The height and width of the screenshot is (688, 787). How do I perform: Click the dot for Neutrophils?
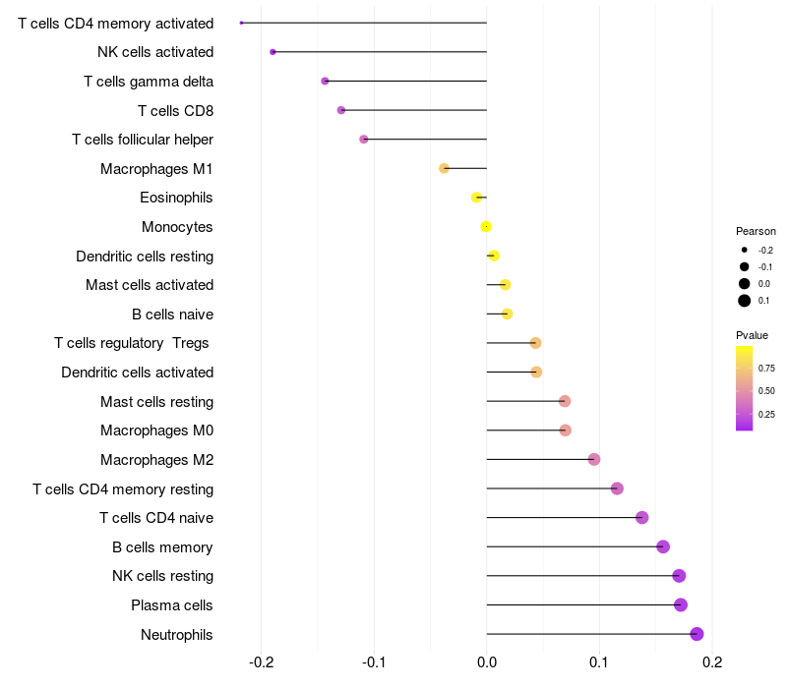click(696, 634)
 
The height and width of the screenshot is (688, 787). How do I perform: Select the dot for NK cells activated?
click(272, 51)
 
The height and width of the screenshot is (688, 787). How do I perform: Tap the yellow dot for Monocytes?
click(486, 227)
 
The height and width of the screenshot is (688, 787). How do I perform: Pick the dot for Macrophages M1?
click(444, 168)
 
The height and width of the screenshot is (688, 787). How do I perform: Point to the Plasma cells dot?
click(681, 604)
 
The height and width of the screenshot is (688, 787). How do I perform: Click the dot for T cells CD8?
click(341, 110)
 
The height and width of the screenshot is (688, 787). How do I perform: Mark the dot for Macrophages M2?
click(594, 459)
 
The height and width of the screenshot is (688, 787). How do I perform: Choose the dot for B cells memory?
click(663, 546)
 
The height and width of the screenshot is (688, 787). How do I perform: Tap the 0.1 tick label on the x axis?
click(599, 661)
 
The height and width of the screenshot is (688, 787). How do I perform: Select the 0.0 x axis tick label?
click(487, 661)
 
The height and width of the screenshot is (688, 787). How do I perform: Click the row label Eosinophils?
click(176, 198)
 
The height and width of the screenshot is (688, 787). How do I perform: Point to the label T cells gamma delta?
click(149, 81)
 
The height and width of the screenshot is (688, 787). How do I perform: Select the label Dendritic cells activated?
click(137, 373)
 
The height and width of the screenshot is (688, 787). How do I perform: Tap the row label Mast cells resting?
click(156, 401)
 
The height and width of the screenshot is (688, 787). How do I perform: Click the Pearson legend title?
click(756, 231)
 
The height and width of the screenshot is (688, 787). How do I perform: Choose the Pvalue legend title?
click(753, 335)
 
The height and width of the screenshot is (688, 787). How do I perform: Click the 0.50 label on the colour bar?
click(766, 391)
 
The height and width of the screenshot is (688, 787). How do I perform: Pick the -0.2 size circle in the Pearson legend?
click(745, 250)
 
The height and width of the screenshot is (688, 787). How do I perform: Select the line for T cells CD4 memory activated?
click(364, 23)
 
